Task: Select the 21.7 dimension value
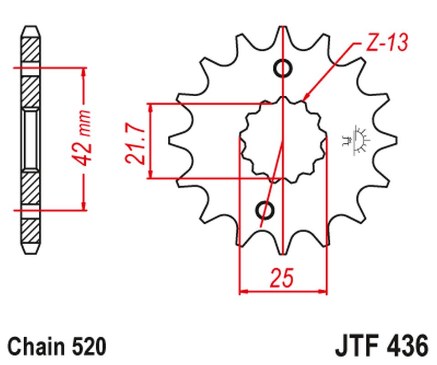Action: pos(135,145)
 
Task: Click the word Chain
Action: pos(38,346)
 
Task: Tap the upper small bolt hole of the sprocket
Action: pos(283,68)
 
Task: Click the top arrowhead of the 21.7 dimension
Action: pos(151,108)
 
